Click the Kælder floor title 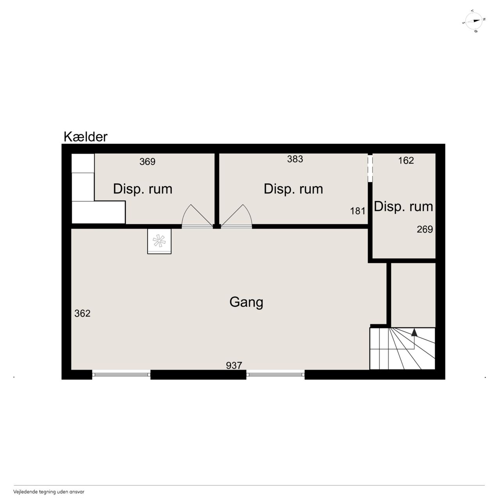coord(86,137)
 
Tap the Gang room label coord(246,302)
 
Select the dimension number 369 coord(147,162)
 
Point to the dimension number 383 coord(295,159)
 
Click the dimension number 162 coord(406,160)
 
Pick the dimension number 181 coord(357,211)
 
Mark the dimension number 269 coord(425,229)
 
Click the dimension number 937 coord(234,365)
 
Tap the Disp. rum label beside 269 coord(403,207)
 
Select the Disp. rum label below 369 coord(143,189)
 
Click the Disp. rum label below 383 coord(293,189)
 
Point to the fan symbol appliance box coord(159,241)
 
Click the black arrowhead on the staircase coord(414,333)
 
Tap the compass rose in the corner coord(474,21)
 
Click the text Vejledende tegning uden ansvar coord(49,492)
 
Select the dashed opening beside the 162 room coord(370,168)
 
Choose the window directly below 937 coord(275,374)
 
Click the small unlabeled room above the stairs coord(413,295)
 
